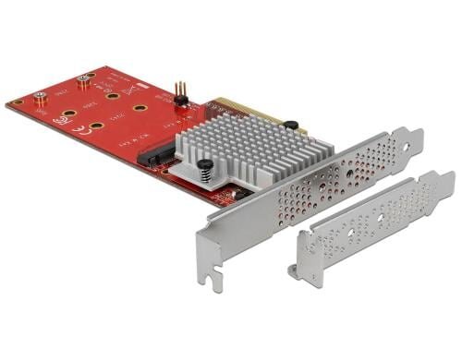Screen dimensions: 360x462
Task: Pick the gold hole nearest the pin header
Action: [x=140, y=108]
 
